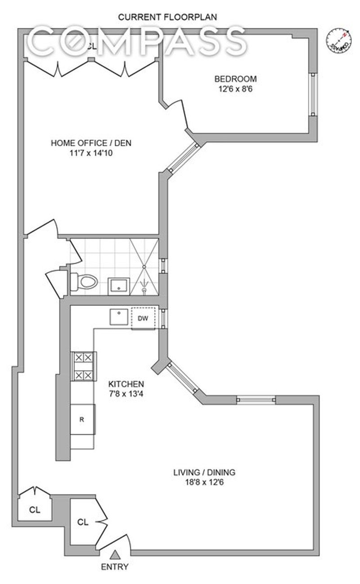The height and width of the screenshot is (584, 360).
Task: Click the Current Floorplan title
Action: click(x=167, y=17)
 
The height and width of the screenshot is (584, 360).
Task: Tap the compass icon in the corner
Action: click(x=338, y=40)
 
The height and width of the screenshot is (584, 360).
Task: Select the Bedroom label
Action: click(x=235, y=79)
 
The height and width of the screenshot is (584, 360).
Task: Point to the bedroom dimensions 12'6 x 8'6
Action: click(x=235, y=89)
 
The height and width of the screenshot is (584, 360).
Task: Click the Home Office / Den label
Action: click(x=91, y=143)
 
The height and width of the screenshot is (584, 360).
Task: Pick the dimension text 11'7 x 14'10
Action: click(x=91, y=153)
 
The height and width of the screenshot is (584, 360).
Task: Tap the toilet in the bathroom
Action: click(x=84, y=282)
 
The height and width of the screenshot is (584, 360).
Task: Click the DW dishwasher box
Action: click(x=143, y=318)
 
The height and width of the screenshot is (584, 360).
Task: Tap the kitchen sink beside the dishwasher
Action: click(x=119, y=317)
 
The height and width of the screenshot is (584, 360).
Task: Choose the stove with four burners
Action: click(x=84, y=366)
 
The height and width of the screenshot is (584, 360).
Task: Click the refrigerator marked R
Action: click(x=82, y=419)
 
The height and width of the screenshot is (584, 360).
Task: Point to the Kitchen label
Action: click(x=126, y=384)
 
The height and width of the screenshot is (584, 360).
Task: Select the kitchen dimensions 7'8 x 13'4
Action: click(x=126, y=394)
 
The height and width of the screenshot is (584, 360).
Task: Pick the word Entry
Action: click(x=115, y=566)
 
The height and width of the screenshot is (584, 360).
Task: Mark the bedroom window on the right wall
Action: click(x=313, y=94)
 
